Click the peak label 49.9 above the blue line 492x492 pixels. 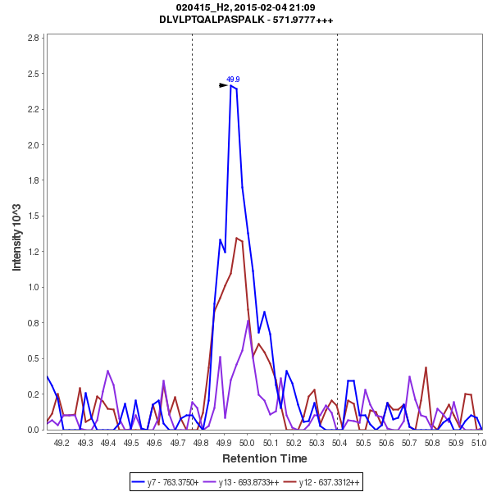pos(233,80)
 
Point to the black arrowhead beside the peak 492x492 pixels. pos(223,84)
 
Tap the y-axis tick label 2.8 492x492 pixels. pos(34,38)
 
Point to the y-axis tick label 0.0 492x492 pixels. pos(34,430)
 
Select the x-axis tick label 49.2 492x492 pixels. pos(61,443)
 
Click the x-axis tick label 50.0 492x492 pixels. pos(246,443)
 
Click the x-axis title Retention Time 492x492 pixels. pos(265,458)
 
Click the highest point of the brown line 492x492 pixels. pos(236,238)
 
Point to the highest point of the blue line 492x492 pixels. pos(231,84)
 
